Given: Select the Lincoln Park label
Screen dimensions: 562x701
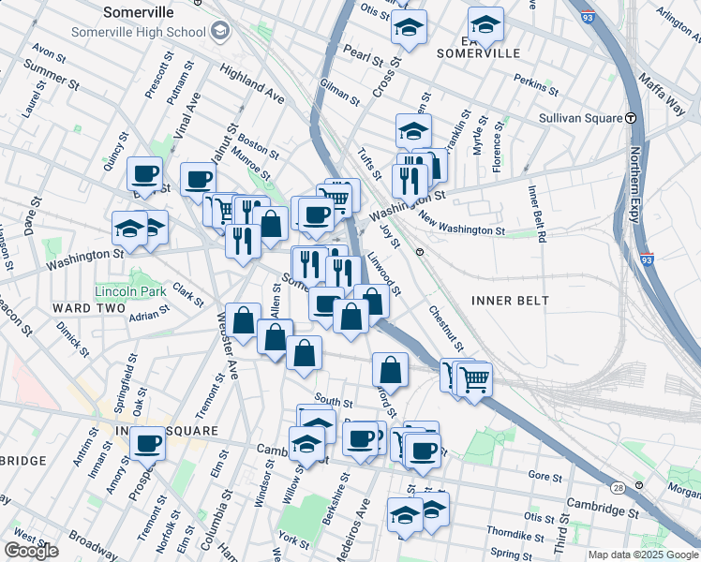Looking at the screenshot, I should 130,291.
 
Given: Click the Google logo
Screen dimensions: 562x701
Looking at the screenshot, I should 31,551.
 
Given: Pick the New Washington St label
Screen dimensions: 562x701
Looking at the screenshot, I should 462,226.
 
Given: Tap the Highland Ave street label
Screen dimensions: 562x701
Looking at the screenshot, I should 252,83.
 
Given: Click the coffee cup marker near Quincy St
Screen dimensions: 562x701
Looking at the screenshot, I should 144,173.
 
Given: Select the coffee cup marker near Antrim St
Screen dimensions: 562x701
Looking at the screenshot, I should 147,443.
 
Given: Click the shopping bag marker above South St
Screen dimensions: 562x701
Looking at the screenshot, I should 304,354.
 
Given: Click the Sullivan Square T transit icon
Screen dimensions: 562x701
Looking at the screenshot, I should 632,118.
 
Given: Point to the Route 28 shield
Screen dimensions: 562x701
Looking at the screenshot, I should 617,488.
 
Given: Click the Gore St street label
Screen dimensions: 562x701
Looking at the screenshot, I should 543,476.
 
